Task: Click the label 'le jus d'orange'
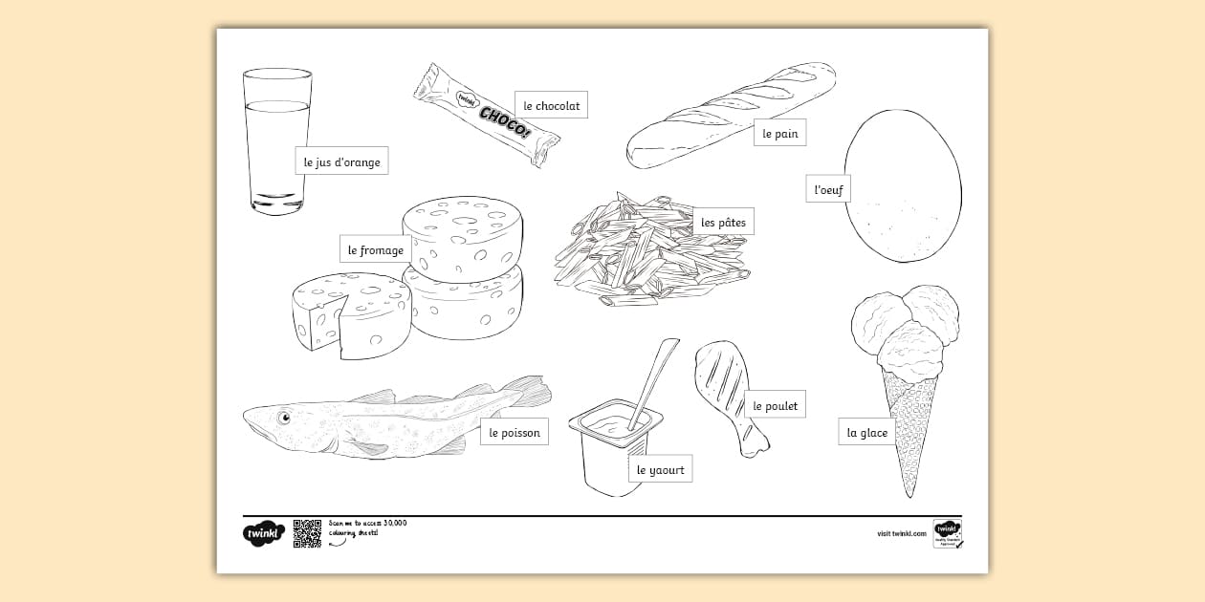point(341,161)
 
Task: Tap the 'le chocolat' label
point(551,105)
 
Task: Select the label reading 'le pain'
point(779,134)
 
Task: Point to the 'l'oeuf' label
point(827,189)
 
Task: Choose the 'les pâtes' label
point(723,222)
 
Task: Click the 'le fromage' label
point(375,249)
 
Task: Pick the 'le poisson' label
point(514,432)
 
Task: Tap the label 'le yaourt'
point(660,469)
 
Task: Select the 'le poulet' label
point(775,405)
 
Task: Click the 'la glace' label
point(866,432)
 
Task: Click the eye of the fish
point(284,417)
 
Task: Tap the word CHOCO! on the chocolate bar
point(504,121)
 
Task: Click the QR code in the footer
point(307,533)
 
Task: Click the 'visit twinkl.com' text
point(901,534)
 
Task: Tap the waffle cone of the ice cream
point(909,430)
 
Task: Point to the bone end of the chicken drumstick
point(756,441)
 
